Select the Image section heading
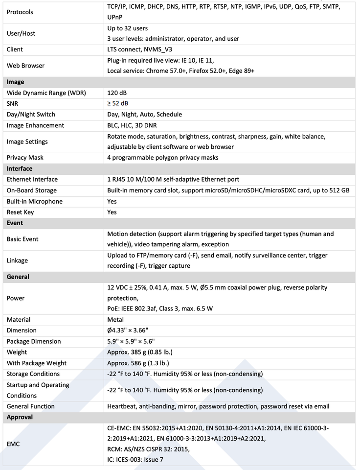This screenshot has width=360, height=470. click(15, 82)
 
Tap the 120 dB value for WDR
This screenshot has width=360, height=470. click(117, 93)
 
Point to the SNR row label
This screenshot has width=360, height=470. click(13, 103)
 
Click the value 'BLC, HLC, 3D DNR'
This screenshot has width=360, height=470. click(136, 125)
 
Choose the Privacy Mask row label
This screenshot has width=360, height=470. click(25, 158)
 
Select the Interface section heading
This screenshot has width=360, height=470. click(20, 168)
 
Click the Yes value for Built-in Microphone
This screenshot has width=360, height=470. click(112, 201)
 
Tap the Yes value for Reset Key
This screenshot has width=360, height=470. click(112, 212)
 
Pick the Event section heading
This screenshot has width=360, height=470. click(15, 223)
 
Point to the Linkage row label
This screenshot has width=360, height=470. click(17, 260)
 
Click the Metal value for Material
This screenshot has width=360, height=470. click(115, 320)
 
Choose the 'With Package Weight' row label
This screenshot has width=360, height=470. click(37, 363)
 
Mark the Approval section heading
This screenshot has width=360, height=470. click(20, 417)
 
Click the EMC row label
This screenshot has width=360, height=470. click(13, 444)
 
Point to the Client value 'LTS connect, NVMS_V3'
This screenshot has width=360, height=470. click(139, 49)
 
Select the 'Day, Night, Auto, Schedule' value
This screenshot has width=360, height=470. click(144, 114)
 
